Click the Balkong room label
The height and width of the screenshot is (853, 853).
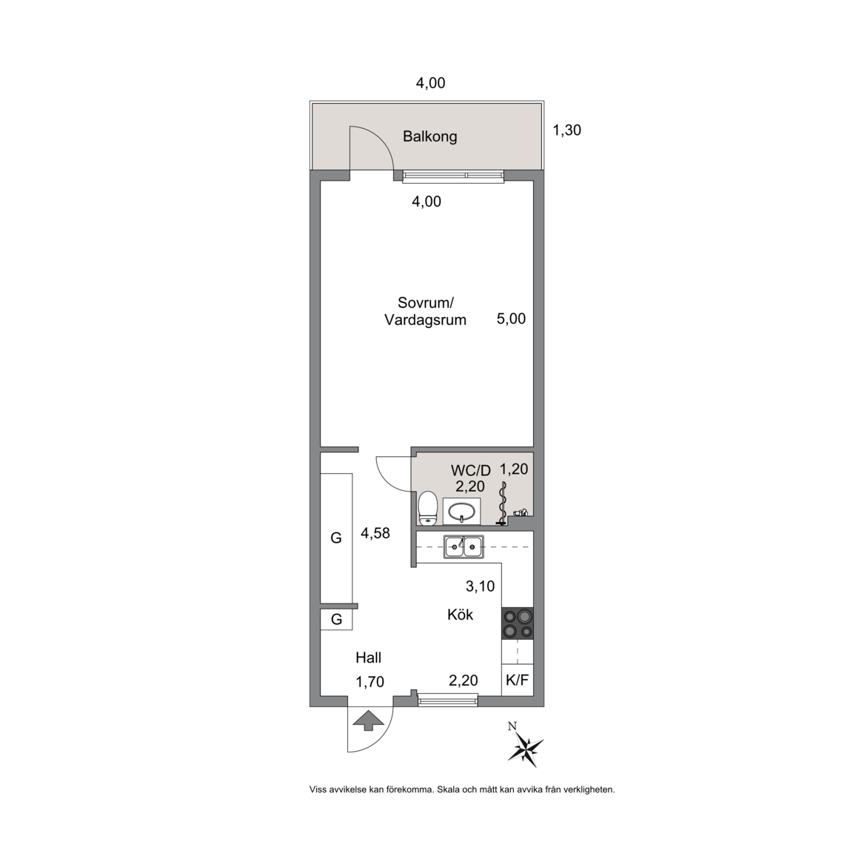pos(429,136)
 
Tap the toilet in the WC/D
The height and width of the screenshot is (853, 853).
pos(428,509)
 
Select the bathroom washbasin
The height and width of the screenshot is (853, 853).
pos(461,511)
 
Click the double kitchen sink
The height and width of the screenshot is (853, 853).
pos(464,546)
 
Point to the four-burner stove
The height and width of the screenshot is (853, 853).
pos(518,623)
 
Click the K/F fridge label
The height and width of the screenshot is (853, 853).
pos(518,680)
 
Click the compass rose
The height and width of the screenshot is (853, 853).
pos(525,746)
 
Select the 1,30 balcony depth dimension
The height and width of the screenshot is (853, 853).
pos(567,130)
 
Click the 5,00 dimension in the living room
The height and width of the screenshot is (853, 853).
pos(512,319)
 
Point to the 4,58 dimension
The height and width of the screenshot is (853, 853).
pos(375,533)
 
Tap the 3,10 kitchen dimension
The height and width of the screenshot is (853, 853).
pos(481,586)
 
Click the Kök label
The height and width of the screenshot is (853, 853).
pos(461,615)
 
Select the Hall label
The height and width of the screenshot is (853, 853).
pos(368,658)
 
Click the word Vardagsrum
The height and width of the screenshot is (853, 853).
pos(426,320)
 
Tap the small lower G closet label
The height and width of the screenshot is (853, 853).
pos(337,620)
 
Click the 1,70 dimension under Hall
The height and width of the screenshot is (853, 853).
pos(370,682)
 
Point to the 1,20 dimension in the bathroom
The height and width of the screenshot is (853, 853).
pos(514,469)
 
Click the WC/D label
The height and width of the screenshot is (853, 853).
pos(471,470)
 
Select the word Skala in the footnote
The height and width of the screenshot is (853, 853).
pos(449,789)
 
